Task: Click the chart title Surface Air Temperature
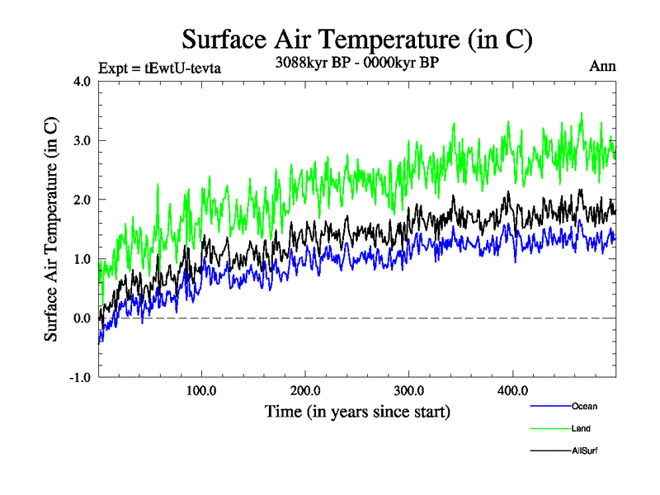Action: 356,39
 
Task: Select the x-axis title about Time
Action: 357,410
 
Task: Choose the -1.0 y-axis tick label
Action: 79,378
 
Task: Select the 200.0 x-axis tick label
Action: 305,390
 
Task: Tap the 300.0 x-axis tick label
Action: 409,390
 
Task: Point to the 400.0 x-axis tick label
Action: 512,390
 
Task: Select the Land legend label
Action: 581,428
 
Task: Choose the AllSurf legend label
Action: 585,450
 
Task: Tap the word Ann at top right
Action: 602,67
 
